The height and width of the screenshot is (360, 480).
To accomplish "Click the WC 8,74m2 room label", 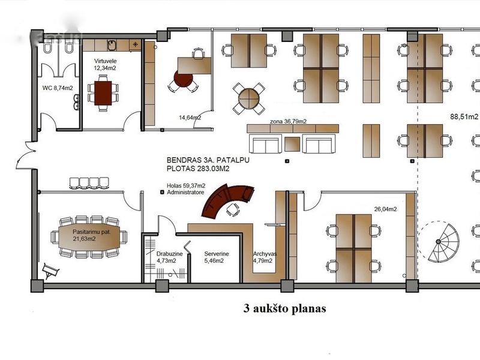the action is pos(58,88).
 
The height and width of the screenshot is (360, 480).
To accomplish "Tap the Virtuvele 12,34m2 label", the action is pos(105,64).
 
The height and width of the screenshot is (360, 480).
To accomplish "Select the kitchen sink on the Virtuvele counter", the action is pos(112,46).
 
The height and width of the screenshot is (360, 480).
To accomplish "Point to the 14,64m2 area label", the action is pos(190,117).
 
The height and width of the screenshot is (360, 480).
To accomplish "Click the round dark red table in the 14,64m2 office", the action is pos(183,79).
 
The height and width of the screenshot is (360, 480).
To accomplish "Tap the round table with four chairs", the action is pos(248,98).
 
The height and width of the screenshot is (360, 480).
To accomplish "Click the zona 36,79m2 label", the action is pos(288,122).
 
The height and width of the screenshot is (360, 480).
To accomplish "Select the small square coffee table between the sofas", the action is pos(292,144).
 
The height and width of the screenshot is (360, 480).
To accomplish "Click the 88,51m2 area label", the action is pos(464,116).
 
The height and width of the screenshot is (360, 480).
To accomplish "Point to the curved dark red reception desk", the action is pos(226,200).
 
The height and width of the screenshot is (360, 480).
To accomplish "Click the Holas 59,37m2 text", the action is pos(186,185).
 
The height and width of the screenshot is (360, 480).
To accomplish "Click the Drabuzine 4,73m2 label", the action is pos(169,257).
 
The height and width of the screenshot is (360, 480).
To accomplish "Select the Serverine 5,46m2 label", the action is pos(217,257).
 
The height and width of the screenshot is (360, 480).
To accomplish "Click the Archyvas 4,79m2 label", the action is pos(265,257).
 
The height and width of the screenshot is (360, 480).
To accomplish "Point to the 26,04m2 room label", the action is pos(385,209).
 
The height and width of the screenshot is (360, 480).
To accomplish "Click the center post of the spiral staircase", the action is pos(439,242).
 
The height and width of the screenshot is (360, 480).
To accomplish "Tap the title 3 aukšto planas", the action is pos(284,308).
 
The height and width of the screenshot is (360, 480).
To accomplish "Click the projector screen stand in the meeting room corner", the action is pos(50,271).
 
